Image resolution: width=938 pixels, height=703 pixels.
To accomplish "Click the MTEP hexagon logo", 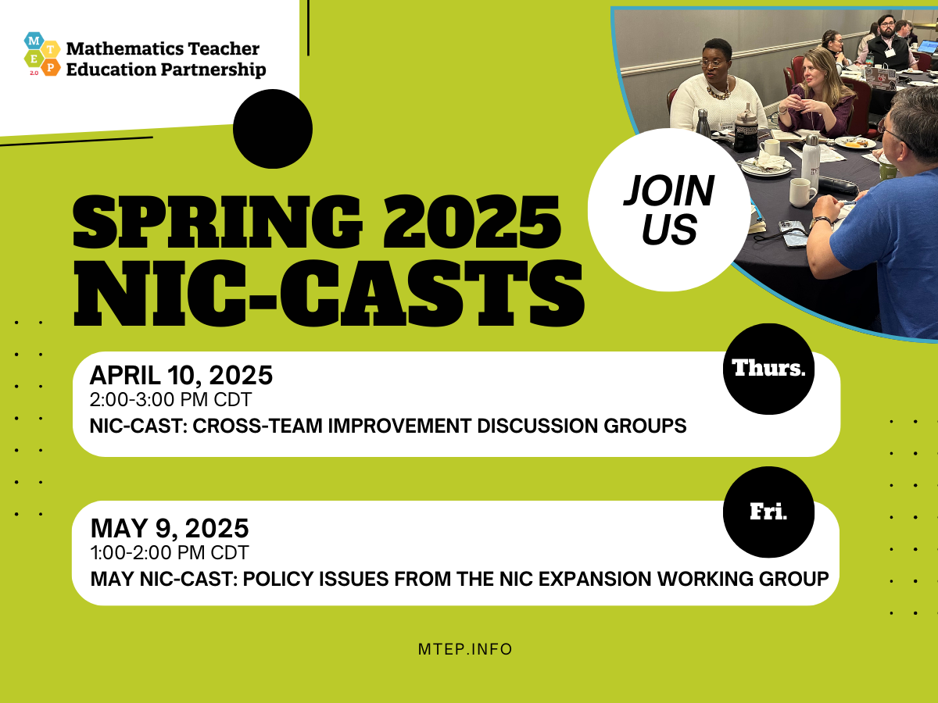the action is point(42,54).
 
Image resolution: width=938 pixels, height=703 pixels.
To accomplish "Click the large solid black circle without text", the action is point(273,128).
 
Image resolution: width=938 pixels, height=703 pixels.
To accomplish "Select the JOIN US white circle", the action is point(669,209).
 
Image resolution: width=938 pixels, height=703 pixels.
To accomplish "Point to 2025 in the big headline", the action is point(472,222).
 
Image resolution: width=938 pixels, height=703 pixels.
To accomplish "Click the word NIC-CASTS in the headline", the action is point(328,293).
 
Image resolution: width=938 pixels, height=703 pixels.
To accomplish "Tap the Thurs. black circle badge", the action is point(769,369).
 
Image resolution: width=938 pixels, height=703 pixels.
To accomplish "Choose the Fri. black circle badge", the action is point(769,512).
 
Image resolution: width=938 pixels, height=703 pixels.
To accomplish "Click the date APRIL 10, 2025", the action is point(181,375).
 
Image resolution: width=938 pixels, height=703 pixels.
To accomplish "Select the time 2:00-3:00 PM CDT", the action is point(170,400).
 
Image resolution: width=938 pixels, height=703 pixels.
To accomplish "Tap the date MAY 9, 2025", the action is point(170,528).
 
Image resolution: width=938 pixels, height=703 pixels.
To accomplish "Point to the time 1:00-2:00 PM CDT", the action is point(170,553).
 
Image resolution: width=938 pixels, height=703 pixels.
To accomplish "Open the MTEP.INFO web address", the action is point(465,649).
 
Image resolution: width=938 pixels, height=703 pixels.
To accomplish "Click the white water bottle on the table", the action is point(811,162).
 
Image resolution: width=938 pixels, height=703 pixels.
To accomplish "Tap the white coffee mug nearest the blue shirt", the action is point(802,192).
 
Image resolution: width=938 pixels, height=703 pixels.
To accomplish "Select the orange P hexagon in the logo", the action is point(51,66).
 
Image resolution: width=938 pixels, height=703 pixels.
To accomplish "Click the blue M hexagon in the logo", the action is point(34,41).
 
